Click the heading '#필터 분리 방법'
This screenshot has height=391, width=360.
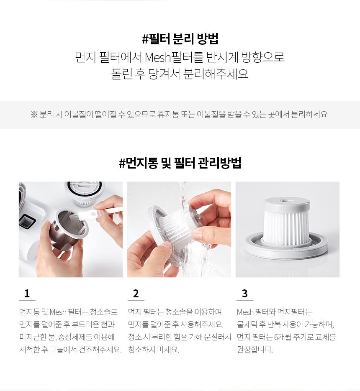180,38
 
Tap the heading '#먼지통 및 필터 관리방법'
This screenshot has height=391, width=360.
180,163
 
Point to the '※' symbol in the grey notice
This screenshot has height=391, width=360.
34,115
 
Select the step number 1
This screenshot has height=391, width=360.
27,294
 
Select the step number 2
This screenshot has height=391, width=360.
136,294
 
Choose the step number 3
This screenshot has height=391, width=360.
244,294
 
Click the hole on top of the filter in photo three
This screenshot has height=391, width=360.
285,200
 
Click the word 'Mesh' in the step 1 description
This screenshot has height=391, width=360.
58,312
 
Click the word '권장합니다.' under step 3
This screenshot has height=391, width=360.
255,350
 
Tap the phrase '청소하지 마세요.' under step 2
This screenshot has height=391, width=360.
154,350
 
